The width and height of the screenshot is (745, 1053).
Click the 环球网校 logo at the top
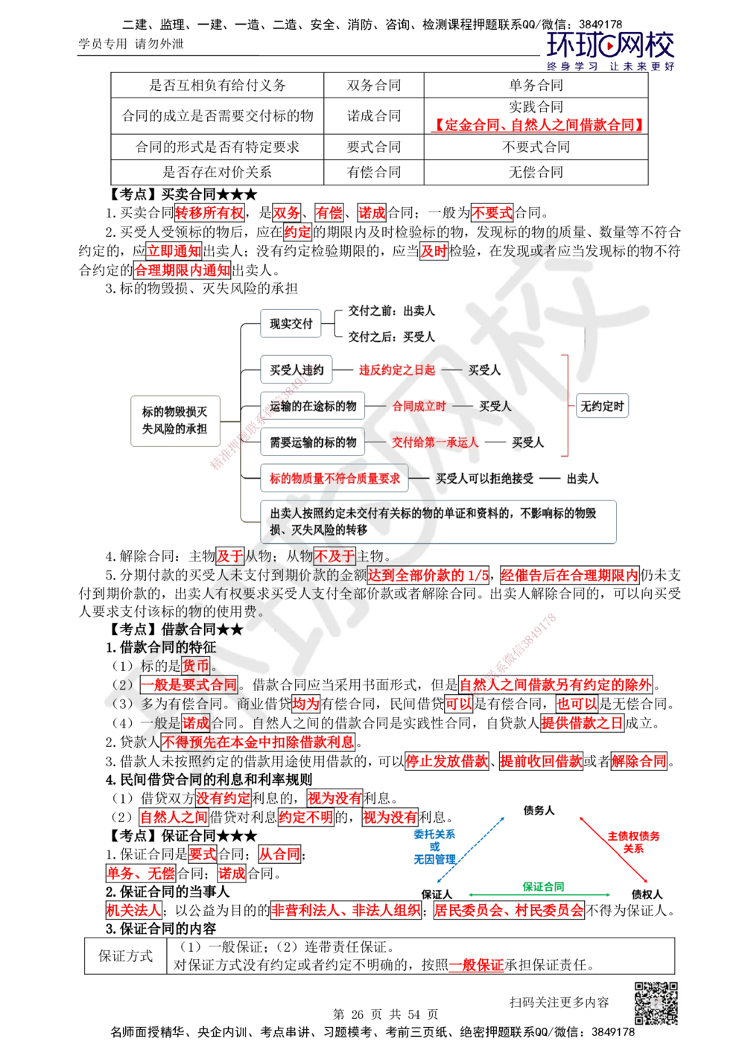click(x=610, y=51)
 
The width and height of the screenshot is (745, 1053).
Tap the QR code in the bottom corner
click(x=655, y=1003)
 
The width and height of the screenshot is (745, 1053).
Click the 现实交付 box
click(x=291, y=324)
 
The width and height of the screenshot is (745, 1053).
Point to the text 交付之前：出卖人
click(x=391, y=311)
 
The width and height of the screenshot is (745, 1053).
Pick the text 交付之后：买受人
click(x=391, y=337)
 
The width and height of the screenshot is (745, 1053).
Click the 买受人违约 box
click(x=297, y=369)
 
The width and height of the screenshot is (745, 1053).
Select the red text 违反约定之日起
click(x=396, y=369)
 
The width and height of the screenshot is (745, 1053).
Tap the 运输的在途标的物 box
click(x=313, y=406)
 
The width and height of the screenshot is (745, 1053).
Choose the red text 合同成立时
click(x=419, y=406)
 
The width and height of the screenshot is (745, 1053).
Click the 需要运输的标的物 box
click(x=313, y=442)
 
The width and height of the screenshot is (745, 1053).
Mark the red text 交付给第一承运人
click(x=435, y=442)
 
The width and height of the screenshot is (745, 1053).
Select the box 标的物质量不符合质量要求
click(x=335, y=479)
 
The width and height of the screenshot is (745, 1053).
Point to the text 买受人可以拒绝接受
click(x=485, y=479)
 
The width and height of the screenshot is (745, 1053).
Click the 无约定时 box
click(x=603, y=407)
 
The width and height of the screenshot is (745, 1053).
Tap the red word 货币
click(x=196, y=666)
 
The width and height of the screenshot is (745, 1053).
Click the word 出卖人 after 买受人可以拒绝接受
click(x=583, y=479)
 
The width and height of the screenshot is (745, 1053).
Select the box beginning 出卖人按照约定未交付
click(x=438, y=521)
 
